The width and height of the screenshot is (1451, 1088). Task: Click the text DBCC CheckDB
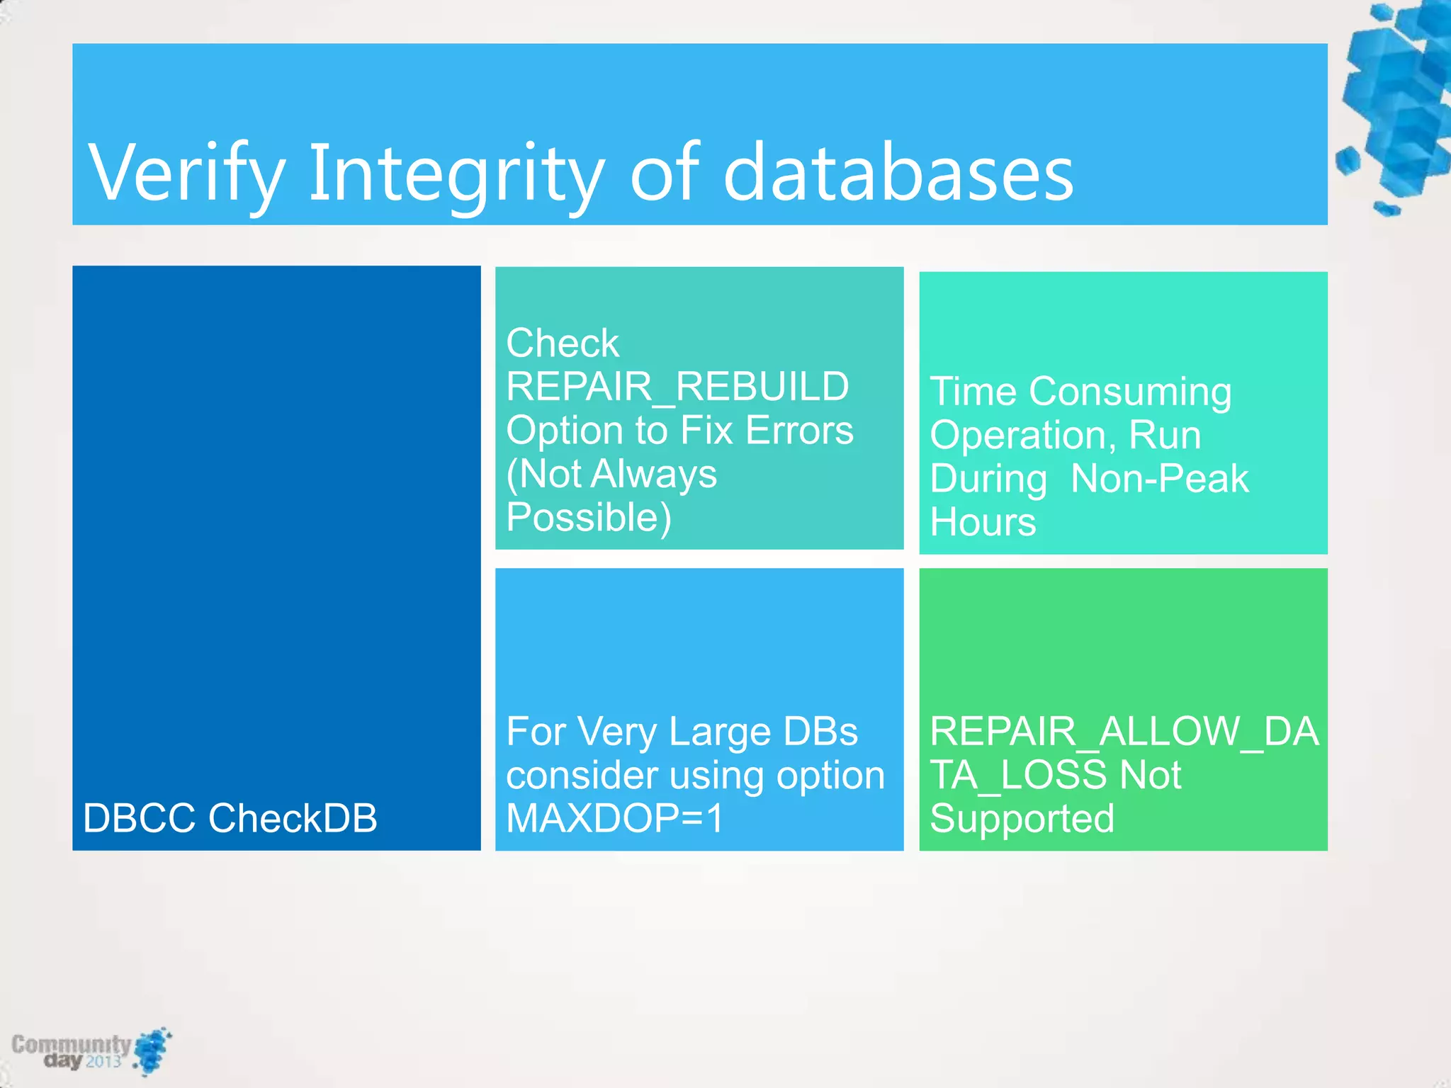pyautogui.click(x=230, y=818)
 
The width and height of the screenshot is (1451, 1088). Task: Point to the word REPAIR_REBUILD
pyautogui.click(x=677, y=387)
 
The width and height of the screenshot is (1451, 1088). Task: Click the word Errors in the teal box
pyautogui.click(x=799, y=430)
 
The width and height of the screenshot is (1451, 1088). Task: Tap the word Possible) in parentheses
pyautogui.click(x=589, y=517)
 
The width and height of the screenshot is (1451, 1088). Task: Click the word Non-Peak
pyautogui.click(x=1159, y=478)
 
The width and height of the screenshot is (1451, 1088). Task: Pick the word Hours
pyautogui.click(x=983, y=522)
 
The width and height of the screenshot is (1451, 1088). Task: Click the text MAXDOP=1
pyautogui.click(x=615, y=818)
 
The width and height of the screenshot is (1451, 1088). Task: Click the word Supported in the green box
pyautogui.click(x=1022, y=819)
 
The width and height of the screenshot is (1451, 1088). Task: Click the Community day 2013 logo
pyautogui.click(x=91, y=1051)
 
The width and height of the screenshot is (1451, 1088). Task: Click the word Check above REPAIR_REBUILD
pyautogui.click(x=563, y=344)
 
